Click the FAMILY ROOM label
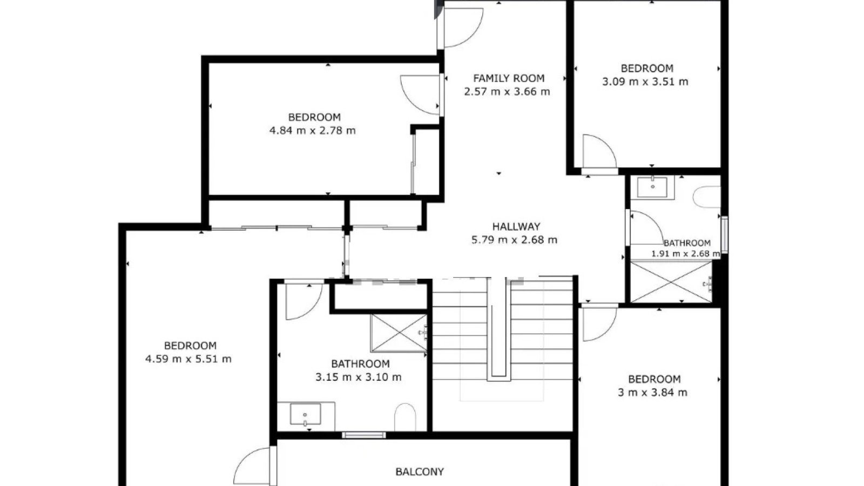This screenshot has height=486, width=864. (x=509, y=78)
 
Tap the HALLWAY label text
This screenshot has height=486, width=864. (x=516, y=226)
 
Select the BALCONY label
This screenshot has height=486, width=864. (x=420, y=472)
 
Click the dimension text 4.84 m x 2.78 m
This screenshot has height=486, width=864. (x=313, y=130)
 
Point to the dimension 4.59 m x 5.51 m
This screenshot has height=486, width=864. (x=188, y=359)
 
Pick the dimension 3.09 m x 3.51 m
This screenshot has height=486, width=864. (x=645, y=82)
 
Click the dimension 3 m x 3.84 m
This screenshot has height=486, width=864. (x=653, y=393)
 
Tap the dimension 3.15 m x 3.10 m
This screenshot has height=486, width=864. (x=359, y=377)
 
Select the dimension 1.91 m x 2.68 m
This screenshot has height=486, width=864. (x=686, y=254)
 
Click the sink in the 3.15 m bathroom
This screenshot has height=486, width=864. (x=305, y=414)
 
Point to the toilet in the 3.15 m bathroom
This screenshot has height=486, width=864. (x=405, y=417)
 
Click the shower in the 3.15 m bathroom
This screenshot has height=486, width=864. (x=399, y=333)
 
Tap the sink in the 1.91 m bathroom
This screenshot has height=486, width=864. (x=652, y=187)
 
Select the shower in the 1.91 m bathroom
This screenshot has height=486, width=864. (x=671, y=282)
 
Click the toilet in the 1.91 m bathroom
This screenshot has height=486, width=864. (x=707, y=197)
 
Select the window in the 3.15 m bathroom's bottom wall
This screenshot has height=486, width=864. (x=364, y=435)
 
